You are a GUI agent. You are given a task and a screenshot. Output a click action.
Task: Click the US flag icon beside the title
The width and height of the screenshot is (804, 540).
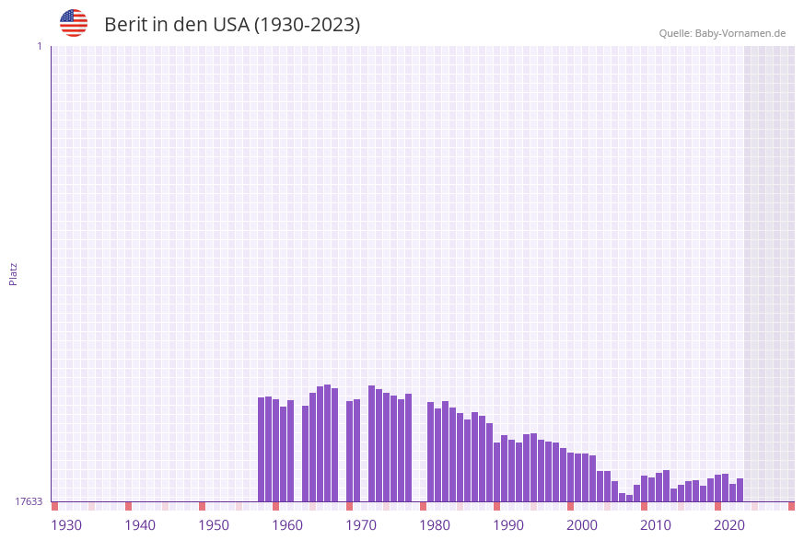74,23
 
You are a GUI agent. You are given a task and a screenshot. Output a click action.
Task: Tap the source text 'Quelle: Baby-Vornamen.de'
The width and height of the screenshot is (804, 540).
722,33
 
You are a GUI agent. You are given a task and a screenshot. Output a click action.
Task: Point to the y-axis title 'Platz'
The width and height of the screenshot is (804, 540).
14,273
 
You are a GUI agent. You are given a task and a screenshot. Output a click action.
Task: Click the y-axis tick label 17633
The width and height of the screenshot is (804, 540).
29,501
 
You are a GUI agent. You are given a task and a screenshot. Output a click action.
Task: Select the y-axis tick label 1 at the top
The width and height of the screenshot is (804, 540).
39,46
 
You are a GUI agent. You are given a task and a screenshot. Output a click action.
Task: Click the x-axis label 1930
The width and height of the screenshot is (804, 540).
66,525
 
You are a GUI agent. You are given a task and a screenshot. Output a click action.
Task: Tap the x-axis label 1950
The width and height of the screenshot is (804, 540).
214,525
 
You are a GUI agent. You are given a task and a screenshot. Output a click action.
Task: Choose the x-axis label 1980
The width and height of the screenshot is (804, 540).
435,525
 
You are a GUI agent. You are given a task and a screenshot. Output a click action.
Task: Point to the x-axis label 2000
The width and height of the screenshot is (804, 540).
582,525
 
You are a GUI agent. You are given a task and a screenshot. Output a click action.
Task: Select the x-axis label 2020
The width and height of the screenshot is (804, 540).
729,525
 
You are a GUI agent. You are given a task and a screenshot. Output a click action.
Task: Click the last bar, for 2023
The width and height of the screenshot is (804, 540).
740,490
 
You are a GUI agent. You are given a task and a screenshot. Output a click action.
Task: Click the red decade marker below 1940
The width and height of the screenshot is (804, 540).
128,506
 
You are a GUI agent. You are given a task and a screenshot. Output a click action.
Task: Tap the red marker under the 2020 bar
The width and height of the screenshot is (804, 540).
717,506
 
